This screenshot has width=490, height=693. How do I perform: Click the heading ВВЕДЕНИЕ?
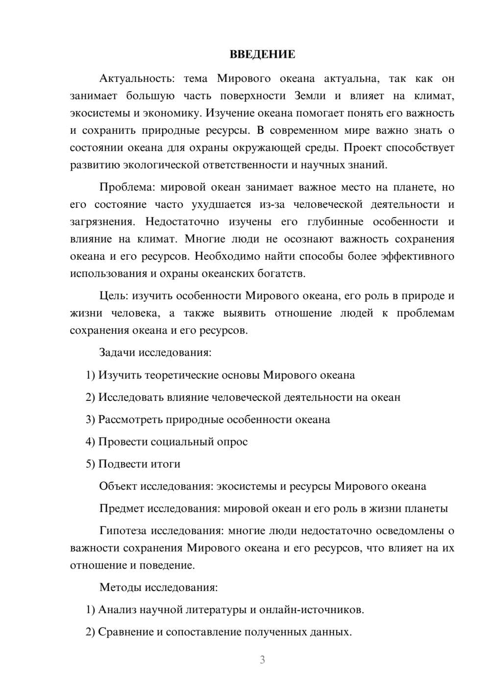pos(262,54)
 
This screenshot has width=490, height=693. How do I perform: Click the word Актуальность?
pos(130,79)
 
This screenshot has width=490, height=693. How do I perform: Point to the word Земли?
pos(310,96)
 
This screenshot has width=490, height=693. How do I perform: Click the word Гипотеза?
pos(122,531)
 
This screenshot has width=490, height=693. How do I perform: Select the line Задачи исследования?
pos(155,352)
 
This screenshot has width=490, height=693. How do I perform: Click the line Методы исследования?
pos(158,587)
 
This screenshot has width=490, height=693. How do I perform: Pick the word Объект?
pos(118,486)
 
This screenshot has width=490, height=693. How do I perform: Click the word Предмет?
pos(121,508)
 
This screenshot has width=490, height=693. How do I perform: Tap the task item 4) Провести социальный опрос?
pos(167,442)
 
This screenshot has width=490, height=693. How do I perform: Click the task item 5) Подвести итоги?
pos(133,464)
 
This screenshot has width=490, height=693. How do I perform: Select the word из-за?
pos(272,204)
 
